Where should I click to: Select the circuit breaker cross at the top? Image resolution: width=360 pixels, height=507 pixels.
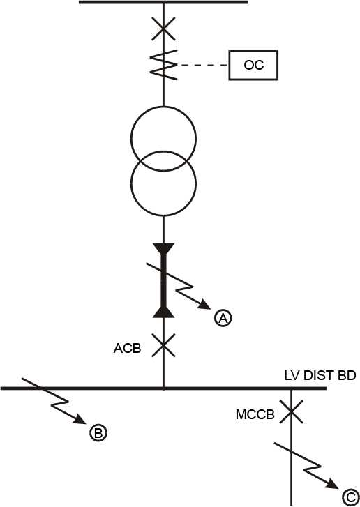pyautogui.click(x=164, y=29)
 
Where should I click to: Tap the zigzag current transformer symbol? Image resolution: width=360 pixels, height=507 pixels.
pyautogui.click(x=164, y=65)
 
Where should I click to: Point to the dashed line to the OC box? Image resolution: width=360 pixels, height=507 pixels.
pyautogui.click(x=203, y=65)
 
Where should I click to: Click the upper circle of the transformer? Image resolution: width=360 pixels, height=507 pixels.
pyautogui.click(x=131, y=139)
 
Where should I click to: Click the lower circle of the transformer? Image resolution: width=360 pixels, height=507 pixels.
pyautogui.click(x=131, y=183)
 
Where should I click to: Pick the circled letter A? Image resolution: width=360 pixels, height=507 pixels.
pyautogui.click(x=223, y=318)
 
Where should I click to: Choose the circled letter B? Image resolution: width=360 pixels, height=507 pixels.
pyautogui.click(x=98, y=432)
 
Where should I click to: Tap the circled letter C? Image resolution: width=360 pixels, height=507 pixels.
pyautogui.click(x=350, y=497)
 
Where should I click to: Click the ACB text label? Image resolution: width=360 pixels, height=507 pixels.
pyautogui.click(x=128, y=348)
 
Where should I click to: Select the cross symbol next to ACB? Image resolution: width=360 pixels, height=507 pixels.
pyautogui.click(x=164, y=345)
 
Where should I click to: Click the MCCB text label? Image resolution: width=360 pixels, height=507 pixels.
pyautogui.click(x=255, y=414)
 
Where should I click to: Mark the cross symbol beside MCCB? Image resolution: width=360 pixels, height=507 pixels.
pyautogui.click(x=292, y=411)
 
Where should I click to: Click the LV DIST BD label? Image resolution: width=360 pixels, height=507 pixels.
pyautogui.click(x=320, y=376)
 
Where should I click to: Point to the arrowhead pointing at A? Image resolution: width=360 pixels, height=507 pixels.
pyautogui.click(x=206, y=305)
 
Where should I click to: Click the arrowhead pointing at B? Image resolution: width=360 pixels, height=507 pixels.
pyautogui.click(x=80, y=419)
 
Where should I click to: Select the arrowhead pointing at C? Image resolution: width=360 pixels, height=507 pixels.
pyautogui.click(x=333, y=484)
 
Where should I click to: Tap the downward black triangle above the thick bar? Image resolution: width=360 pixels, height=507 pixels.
pyautogui.click(x=164, y=248)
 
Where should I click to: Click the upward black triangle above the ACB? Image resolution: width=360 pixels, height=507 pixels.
pyautogui.click(x=164, y=312)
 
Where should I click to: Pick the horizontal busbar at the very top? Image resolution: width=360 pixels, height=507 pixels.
pyautogui.click(x=164, y=2)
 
